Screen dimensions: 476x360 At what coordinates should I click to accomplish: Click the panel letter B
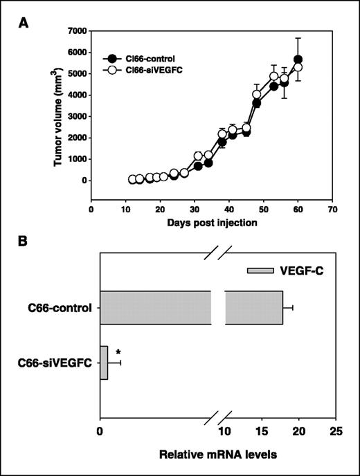click(26, 243)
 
